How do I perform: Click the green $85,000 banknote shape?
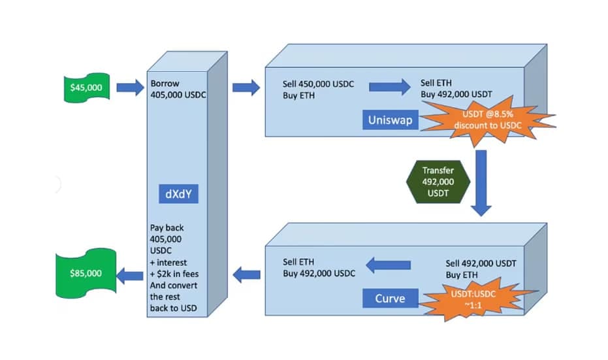85,273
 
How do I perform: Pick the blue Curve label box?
389,299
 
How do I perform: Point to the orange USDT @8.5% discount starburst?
486,122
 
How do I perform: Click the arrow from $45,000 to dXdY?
130,85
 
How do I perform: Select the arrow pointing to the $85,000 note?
130,275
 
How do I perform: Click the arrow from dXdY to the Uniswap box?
246,86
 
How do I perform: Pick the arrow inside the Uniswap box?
389,86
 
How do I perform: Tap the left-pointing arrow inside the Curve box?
388,265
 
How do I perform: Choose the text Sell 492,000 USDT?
481,263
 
